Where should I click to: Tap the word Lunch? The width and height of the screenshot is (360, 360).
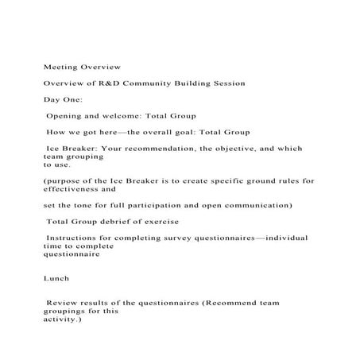pos(56,278)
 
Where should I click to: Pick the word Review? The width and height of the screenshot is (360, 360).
pos(64,303)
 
